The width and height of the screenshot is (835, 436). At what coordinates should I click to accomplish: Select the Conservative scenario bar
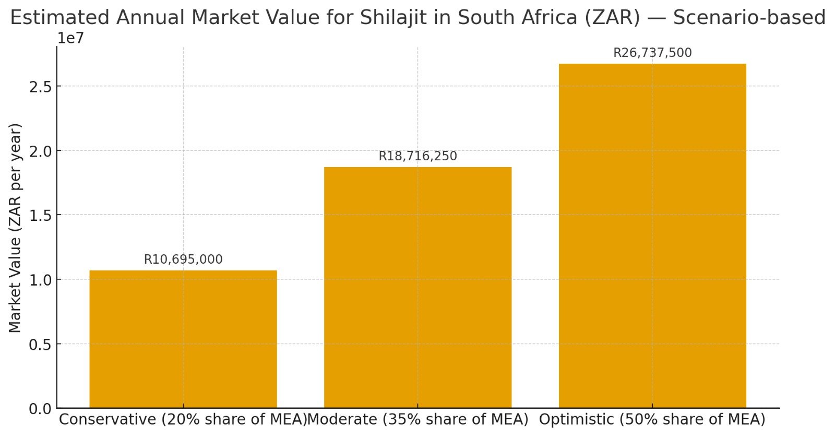click(x=183, y=339)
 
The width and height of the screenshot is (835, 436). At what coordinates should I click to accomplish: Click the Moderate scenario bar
click(x=417, y=287)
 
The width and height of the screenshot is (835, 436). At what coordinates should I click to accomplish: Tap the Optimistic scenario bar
click(x=652, y=235)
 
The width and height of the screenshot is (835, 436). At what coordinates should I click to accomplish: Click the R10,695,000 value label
click(x=183, y=260)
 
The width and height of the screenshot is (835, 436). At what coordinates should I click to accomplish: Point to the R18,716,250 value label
click(x=417, y=156)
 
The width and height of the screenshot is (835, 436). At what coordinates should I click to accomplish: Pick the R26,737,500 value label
click(x=652, y=53)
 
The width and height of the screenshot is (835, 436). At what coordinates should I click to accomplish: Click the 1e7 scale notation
click(x=70, y=38)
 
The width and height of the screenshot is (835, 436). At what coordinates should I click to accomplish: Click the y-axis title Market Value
click(x=15, y=228)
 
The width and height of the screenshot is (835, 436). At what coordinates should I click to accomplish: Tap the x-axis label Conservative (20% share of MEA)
click(x=183, y=419)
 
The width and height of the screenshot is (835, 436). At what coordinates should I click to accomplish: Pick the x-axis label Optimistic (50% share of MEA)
click(x=652, y=419)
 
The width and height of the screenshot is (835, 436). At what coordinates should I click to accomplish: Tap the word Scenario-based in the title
click(x=749, y=18)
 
